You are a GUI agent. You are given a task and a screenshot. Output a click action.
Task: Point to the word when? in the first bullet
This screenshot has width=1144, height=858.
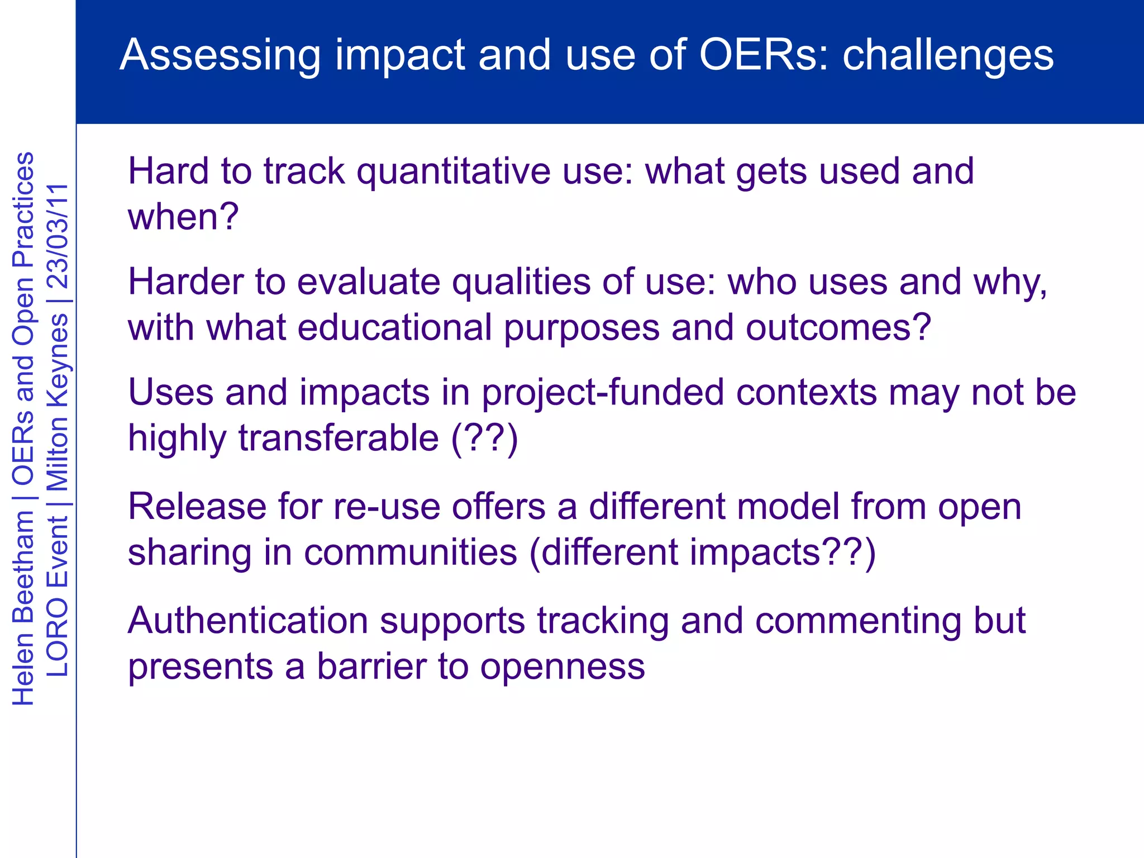[183, 217]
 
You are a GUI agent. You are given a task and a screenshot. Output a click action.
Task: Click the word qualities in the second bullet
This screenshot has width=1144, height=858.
[521, 282]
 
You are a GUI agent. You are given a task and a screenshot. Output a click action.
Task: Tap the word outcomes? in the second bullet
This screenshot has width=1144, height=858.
[838, 327]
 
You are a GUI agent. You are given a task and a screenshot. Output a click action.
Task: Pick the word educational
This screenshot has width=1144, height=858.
[394, 327]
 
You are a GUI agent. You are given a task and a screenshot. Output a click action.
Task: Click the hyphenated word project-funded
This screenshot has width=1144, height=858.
[603, 393]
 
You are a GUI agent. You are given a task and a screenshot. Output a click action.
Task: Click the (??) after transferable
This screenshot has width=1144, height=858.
[485, 438]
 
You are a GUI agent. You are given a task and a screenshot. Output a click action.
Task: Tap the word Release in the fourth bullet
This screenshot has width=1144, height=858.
[197, 507]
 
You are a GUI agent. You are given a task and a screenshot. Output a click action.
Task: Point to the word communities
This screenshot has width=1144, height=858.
[411, 552]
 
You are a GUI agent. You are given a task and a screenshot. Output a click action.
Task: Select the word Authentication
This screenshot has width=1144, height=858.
[247, 621]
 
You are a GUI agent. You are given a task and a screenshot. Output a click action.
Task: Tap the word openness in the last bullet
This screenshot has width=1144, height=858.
[563, 668]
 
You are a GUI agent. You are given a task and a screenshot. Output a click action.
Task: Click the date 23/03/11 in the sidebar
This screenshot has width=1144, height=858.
[56, 236]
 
